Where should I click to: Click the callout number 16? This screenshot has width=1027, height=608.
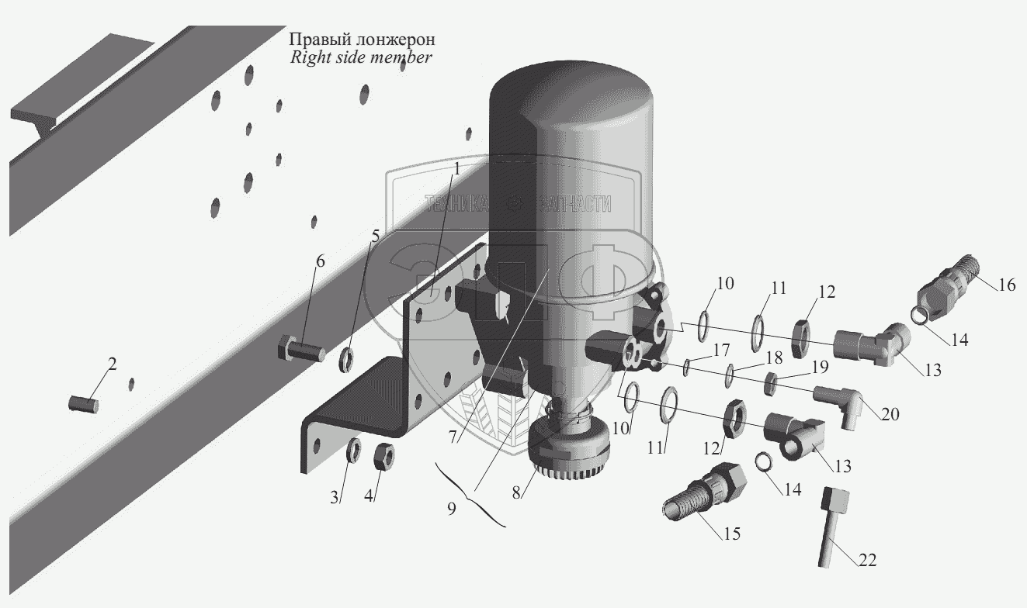coord(1006,285)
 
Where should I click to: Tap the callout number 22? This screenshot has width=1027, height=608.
coord(868,559)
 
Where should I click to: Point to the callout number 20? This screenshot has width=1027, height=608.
coord(890,415)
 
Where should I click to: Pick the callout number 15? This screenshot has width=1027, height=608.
coord(730,534)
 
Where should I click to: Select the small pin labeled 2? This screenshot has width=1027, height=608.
coord(82,403)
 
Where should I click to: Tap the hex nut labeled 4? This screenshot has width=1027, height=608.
coord(383,453)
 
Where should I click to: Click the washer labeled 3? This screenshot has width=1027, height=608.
coord(352,449)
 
